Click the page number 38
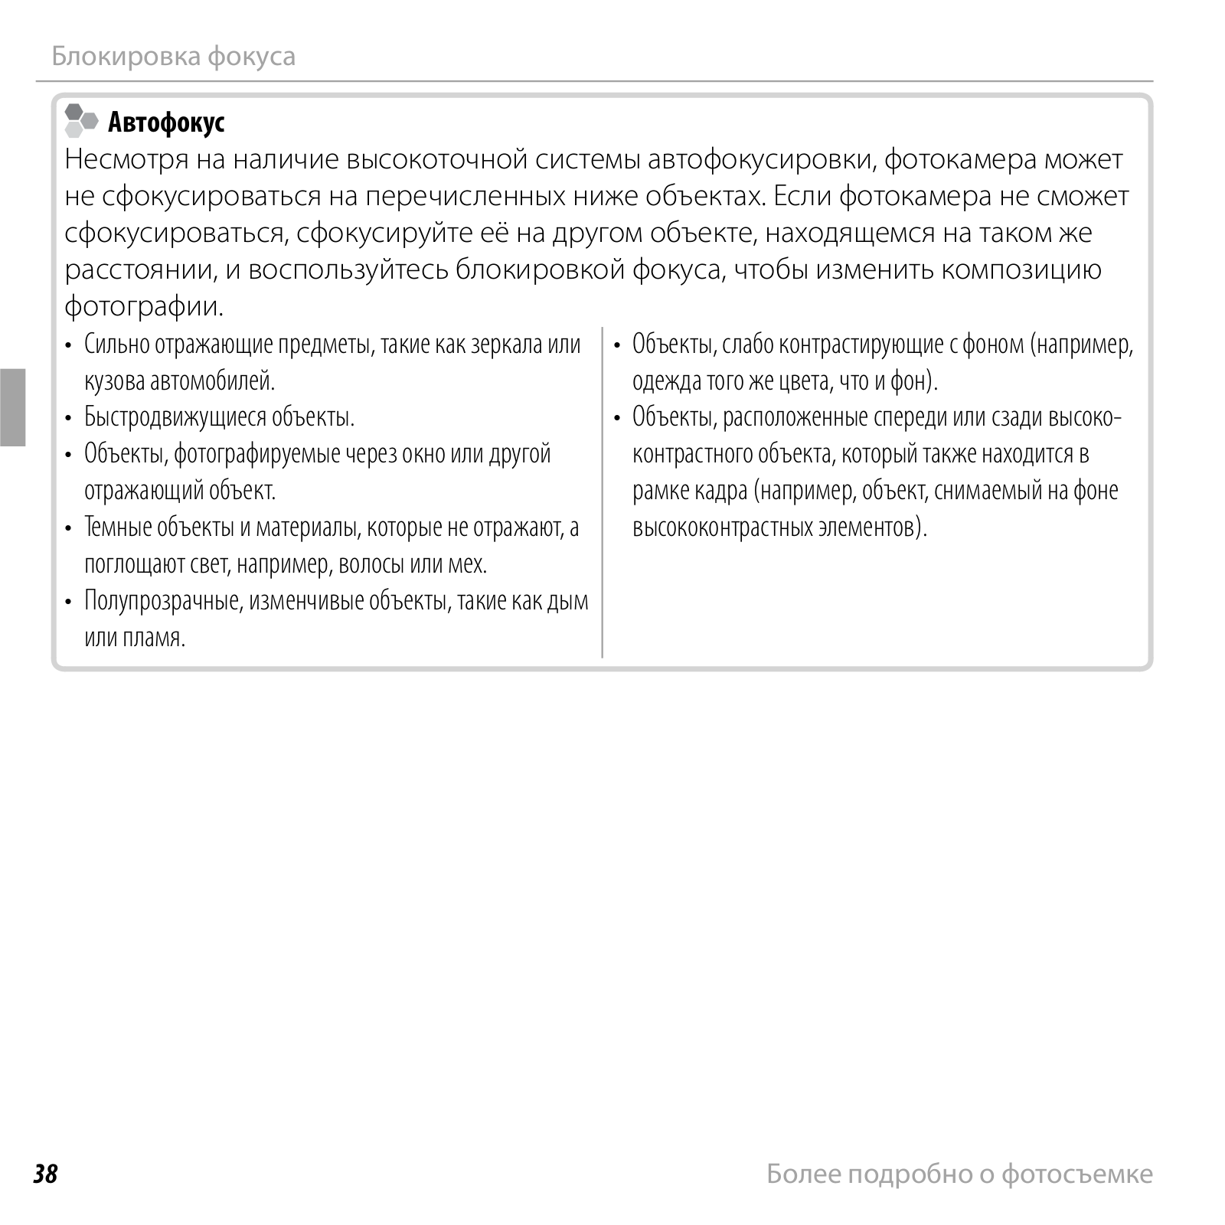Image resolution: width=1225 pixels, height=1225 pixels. click(45, 1174)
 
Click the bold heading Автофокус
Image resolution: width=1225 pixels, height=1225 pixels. click(166, 122)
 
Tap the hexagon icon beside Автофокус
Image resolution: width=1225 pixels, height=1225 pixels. click(81, 121)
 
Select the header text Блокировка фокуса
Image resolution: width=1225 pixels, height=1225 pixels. click(173, 56)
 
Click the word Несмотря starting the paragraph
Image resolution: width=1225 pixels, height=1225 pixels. click(126, 159)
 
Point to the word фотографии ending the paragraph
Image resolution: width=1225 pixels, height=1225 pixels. click(144, 306)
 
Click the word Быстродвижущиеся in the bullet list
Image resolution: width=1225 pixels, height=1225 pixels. click(175, 417)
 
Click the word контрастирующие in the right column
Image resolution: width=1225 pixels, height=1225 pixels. click(861, 344)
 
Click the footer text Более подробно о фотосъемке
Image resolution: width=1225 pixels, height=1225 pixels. click(959, 1174)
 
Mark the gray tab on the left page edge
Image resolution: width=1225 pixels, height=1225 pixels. click(13, 407)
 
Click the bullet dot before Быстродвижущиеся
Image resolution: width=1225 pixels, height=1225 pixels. click(69, 418)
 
